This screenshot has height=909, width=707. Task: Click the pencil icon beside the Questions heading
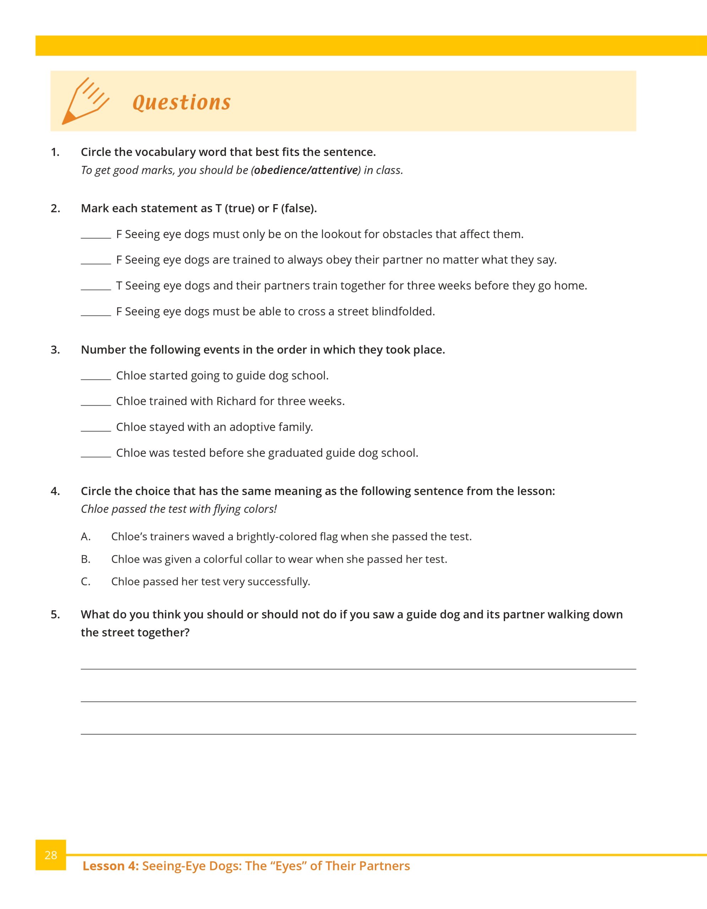85,101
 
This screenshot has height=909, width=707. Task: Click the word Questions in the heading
181,102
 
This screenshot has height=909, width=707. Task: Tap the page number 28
51,855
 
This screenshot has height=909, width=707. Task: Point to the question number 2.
55,208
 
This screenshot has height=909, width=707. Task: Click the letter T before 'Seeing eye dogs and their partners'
119,286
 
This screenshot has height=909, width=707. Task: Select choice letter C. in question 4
85,582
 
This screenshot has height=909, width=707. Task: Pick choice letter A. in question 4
85,537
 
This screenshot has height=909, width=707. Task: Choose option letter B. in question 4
85,559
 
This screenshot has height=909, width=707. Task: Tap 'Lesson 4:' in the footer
110,866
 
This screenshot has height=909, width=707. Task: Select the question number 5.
55,615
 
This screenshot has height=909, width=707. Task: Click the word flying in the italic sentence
228,510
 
